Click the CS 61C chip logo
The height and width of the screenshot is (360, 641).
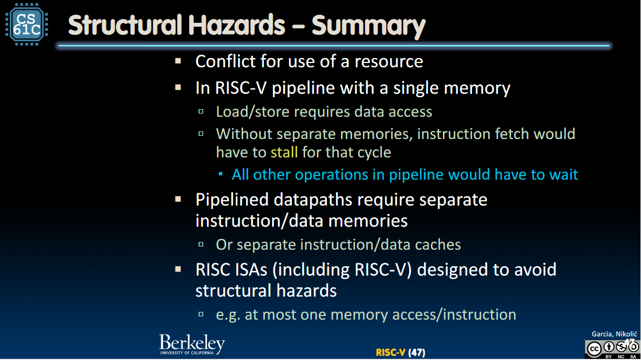pyautogui.click(x=27, y=24)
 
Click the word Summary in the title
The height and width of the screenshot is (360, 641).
pyautogui.click(x=368, y=26)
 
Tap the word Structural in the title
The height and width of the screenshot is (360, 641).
pyautogui.click(x=125, y=25)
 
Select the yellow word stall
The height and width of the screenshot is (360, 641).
pyautogui.click(x=284, y=153)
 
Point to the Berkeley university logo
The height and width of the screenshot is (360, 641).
pyautogui.click(x=192, y=344)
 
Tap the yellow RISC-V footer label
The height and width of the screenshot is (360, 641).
pyautogui.click(x=391, y=352)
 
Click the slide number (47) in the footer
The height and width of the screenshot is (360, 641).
pyautogui.click(x=417, y=352)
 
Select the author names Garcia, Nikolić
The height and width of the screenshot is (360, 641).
pyautogui.click(x=614, y=334)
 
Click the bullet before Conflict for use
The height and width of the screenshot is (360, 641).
pyautogui.click(x=178, y=61)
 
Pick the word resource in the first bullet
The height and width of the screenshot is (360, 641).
pyautogui.click(x=389, y=62)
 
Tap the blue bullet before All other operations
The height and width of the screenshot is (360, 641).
pyautogui.click(x=221, y=174)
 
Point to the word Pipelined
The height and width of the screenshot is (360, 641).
pyautogui.click(x=232, y=200)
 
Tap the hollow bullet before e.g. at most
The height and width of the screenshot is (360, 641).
pyautogui.click(x=201, y=314)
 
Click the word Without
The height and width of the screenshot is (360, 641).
pyautogui.click(x=244, y=134)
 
